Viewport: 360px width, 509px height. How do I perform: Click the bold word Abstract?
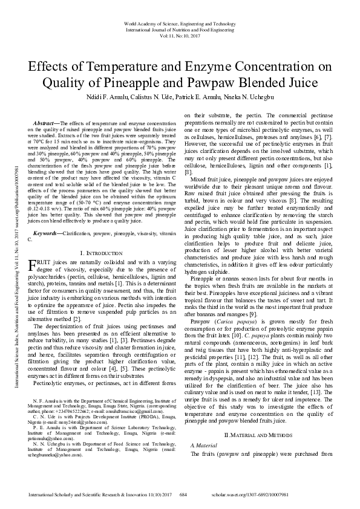pyautogui.click(x=48, y=124)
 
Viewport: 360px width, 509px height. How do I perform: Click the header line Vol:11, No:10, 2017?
pyautogui.click(x=180, y=36)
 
